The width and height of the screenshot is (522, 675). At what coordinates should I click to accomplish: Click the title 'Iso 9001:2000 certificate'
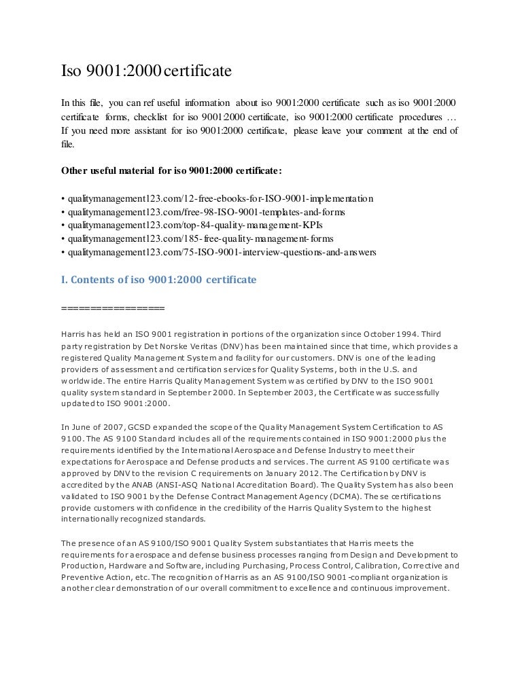pos(146,71)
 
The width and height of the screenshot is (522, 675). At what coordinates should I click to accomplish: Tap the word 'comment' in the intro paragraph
pos(377,130)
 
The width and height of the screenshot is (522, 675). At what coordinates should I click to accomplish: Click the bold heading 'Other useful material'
pos(171,169)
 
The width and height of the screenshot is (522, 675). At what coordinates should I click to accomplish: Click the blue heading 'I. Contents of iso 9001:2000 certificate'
pos(158,279)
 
